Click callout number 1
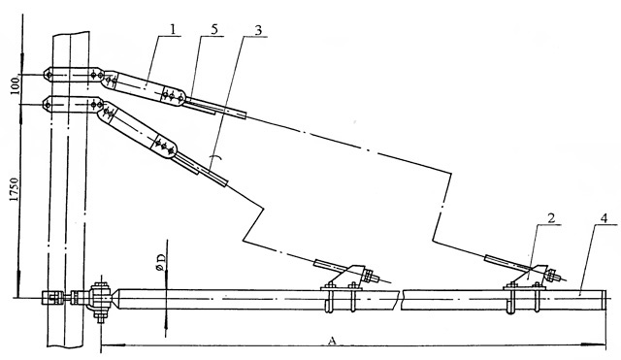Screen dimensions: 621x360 [173, 29]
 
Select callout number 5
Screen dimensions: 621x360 [214, 30]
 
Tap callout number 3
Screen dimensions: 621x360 [258, 30]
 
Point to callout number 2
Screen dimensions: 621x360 [551, 217]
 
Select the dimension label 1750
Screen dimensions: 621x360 [15, 189]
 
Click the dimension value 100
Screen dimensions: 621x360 [15, 86]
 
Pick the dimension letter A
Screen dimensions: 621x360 [332, 341]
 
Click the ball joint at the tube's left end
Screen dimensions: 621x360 [100, 300]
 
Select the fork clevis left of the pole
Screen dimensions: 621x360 [52, 298]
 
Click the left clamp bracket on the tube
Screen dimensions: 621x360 [343, 288]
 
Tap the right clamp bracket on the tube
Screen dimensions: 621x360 [525, 288]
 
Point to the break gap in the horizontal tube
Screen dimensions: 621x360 [400, 300]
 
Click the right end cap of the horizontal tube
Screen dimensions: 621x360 [604, 300]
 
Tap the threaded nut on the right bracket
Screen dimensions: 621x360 [551, 274]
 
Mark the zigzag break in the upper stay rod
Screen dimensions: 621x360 [442, 207]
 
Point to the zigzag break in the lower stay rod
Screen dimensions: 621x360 [253, 222]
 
